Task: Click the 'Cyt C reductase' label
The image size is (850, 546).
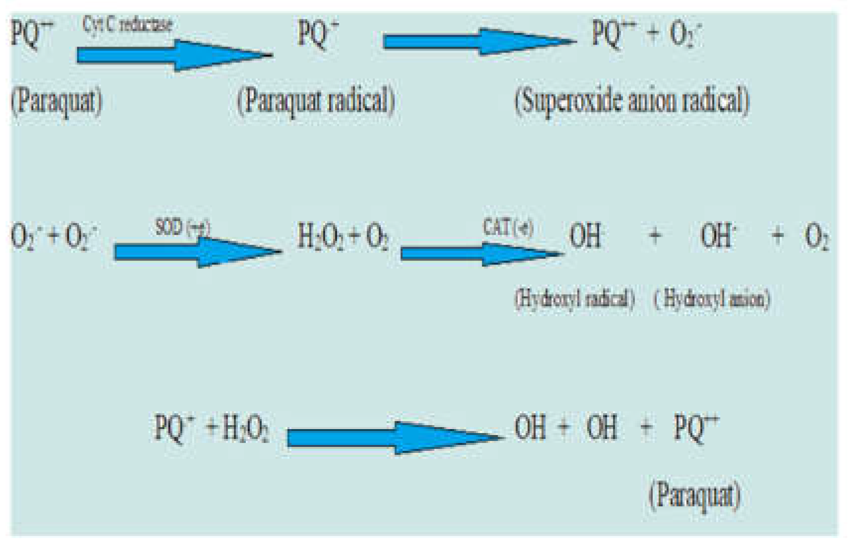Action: coord(127,24)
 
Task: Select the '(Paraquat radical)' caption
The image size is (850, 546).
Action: coord(316,101)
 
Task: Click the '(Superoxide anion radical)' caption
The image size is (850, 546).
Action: coord(632,101)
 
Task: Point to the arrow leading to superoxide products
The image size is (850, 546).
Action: coord(478,42)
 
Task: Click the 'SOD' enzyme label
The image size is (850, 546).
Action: coord(169,227)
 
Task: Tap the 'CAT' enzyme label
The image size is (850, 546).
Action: coord(496,227)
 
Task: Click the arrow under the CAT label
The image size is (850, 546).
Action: coord(481,254)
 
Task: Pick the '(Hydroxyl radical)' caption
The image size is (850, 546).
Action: coord(574,299)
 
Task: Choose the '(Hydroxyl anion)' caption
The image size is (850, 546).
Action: coord(712,299)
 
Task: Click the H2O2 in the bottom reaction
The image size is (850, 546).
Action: coord(246,429)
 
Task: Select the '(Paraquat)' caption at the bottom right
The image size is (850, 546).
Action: coord(694,494)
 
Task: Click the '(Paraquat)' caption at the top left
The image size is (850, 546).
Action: coord(57,101)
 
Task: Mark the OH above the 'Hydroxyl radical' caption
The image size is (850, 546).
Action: coord(585,236)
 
